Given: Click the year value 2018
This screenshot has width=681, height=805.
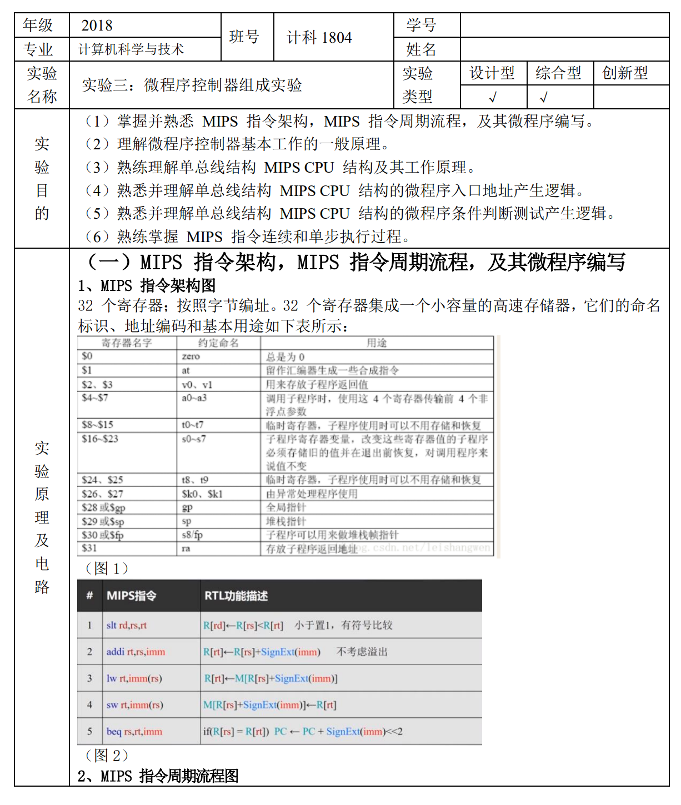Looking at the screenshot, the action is tap(97, 26).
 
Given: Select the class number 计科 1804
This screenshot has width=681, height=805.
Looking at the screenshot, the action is tap(319, 38).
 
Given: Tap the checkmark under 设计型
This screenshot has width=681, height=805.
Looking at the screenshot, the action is tap(493, 98).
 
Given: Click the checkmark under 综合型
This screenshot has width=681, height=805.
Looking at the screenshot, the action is tap(544, 98).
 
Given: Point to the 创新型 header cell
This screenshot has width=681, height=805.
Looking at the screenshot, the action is tap(625, 73).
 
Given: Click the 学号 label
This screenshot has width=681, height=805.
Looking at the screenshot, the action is tap(421, 26).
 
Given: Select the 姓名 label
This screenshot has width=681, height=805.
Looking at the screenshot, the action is tap(421, 49).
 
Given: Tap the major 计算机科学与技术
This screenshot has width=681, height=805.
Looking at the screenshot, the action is tap(131, 49).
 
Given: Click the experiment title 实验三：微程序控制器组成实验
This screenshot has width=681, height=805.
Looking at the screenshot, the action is tap(192, 85).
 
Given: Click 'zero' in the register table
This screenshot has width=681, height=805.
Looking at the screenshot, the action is tap(191, 356).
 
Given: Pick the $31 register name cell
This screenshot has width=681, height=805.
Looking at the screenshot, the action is tap(89, 549).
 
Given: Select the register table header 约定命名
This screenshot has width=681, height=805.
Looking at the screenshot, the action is tap(218, 343).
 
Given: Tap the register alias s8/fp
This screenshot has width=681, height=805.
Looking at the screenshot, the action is tap(192, 535).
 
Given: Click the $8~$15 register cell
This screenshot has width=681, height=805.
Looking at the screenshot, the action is tap(98, 425).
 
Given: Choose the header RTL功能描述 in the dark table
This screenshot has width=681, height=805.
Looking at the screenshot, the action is tap(236, 596).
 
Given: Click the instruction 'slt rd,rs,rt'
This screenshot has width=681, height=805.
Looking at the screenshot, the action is tap(127, 625).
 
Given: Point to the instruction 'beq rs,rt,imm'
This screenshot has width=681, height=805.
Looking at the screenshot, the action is tap(134, 732).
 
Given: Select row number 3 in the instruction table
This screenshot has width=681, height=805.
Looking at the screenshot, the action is tap(89, 678).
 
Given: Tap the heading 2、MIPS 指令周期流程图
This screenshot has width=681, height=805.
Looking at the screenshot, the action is tap(158, 776).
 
